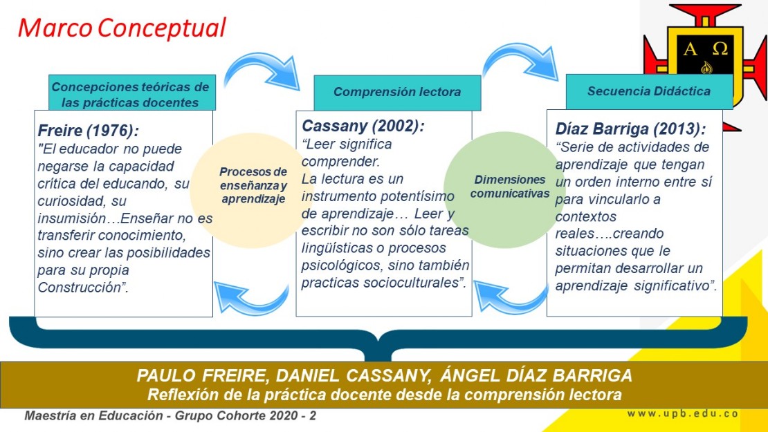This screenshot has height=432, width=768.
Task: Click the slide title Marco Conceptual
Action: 122,28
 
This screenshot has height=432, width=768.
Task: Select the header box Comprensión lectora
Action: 397,93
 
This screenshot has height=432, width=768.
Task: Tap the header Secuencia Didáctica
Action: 649,91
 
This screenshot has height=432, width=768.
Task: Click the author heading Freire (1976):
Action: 89,131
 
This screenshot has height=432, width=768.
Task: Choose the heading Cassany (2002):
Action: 363,126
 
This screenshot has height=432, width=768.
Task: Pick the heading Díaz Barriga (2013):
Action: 630,129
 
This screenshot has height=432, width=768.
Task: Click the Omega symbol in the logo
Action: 720,49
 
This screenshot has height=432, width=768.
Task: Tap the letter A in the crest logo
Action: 690,49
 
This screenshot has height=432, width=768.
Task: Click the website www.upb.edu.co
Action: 682,414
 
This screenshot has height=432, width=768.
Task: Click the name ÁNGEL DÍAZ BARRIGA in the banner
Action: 536,376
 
